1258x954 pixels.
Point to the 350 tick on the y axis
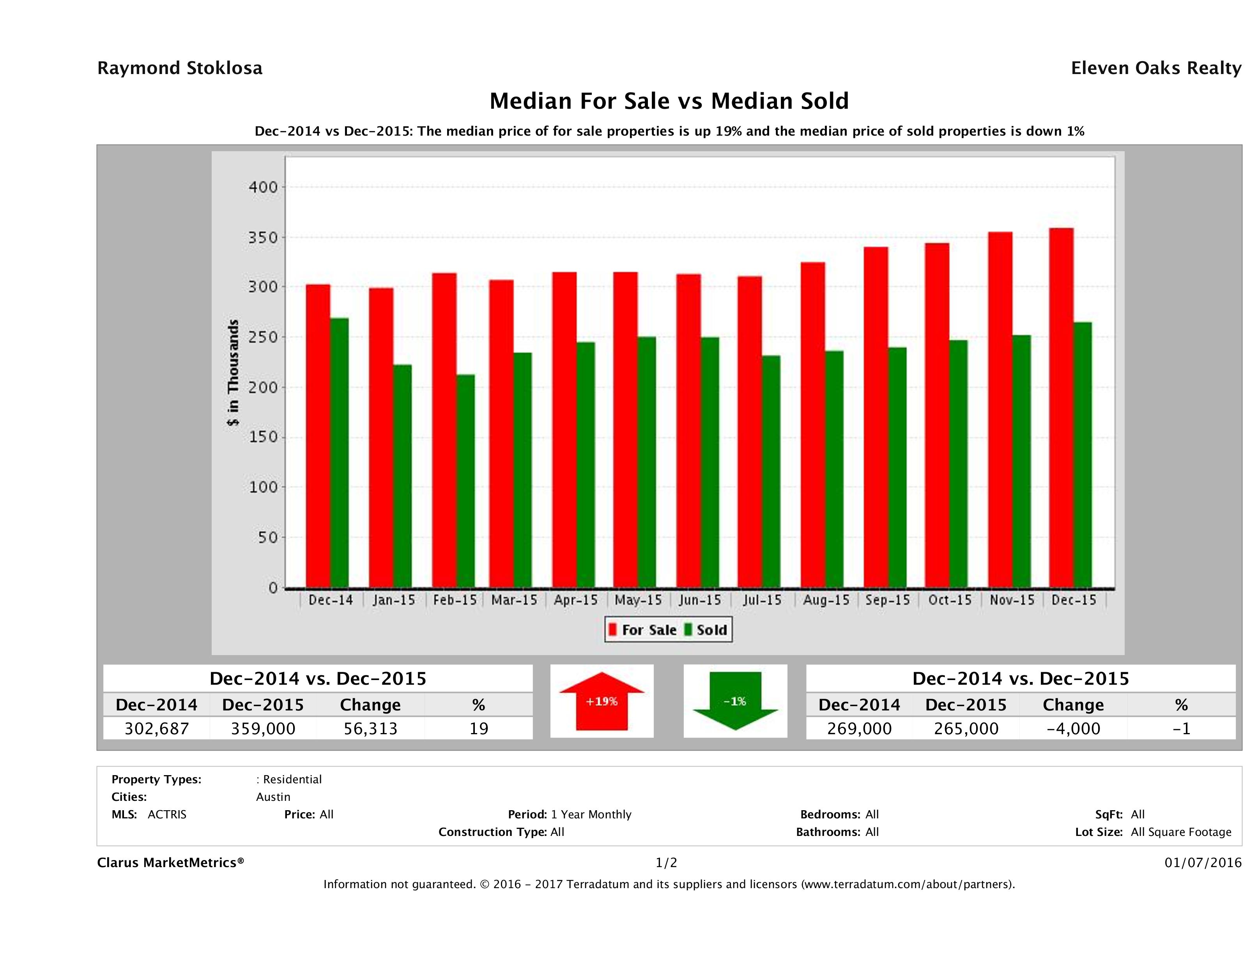[263, 237]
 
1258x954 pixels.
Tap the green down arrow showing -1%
[735, 701]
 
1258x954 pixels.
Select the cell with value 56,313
[370, 728]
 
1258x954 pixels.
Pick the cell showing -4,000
[1073, 728]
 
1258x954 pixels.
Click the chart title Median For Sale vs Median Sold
[669, 101]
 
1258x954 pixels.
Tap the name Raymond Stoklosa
[180, 68]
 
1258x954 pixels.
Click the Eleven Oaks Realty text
[1155, 68]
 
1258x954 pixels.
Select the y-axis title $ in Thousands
[233, 373]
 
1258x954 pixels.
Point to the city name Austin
[273, 797]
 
